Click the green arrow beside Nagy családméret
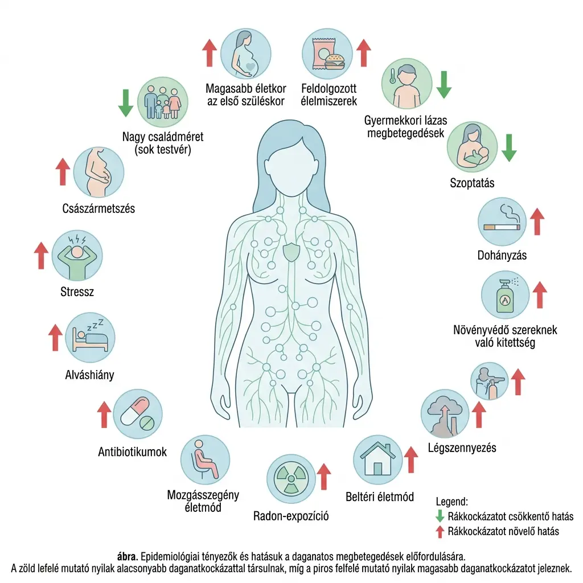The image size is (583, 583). point(125,102)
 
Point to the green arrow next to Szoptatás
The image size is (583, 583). point(510,147)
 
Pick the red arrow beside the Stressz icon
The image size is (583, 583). point(40,256)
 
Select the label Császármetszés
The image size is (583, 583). point(98,208)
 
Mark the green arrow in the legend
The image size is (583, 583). point(439,516)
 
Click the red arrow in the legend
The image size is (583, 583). point(439,532)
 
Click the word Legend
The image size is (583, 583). point(451,502)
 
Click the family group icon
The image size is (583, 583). point(163,102)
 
